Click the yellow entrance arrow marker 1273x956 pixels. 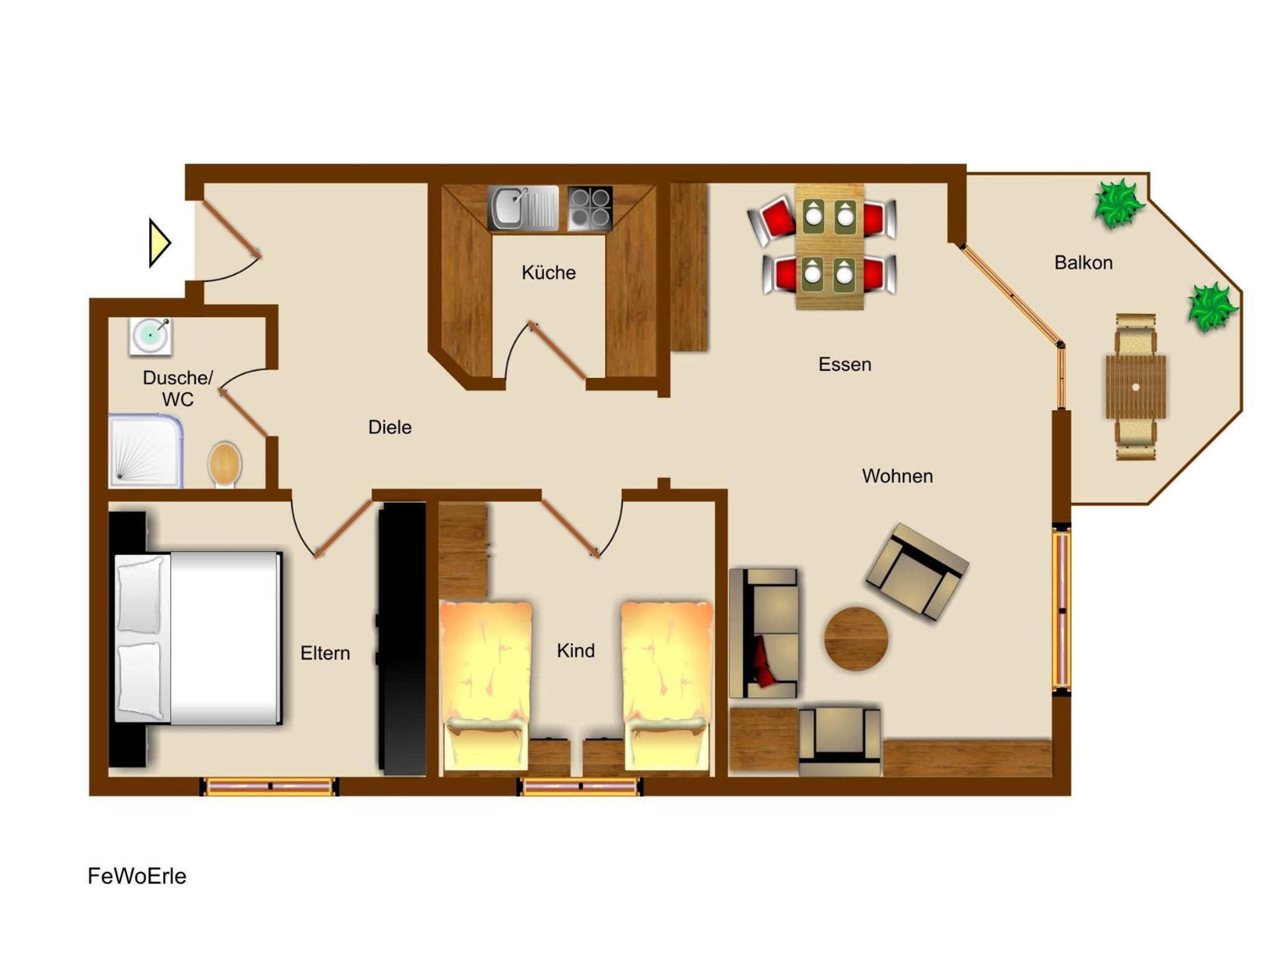(x=159, y=243)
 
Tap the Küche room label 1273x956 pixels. (x=548, y=272)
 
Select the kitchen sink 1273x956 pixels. (x=523, y=208)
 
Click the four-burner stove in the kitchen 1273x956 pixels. (x=590, y=208)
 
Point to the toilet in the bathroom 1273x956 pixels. (x=224, y=464)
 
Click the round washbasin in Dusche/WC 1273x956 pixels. (x=150, y=336)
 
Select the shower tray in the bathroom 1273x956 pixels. (x=145, y=451)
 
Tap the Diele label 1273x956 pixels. (x=390, y=427)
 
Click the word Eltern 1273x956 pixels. (x=325, y=653)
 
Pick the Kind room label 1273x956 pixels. (x=576, y=650)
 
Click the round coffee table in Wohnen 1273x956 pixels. (x=856, y=638)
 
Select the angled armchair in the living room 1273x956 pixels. (x=917, y=572)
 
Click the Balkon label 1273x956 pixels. (x=1083, y=262)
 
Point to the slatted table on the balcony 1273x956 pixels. (x=1136, y=387)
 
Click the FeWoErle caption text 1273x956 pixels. (x=137, y=876)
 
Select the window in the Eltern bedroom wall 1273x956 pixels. (x=269, y=786)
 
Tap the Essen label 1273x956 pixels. (x=845, y=364)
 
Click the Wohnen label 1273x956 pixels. (x=897, y=476)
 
